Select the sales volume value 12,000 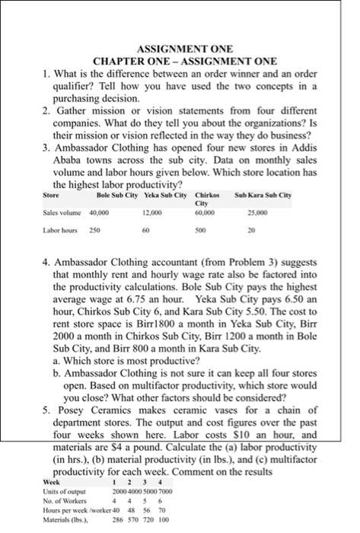coord(153,215)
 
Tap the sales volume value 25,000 coord(257,215)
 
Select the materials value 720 coord(148,521)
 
